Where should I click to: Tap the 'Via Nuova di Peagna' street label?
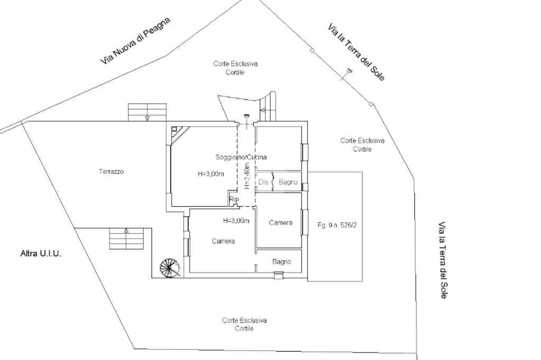[x=136, y=41]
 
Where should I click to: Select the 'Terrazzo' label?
[x=111, y=172]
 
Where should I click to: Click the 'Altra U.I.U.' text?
[x=41, y=254]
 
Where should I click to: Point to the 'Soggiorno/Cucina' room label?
[x=241, y=157]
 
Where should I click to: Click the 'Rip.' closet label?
[x=234, y=199]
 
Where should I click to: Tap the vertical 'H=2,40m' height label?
[x=247, y=176]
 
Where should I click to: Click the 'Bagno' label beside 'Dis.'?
[x=288, y=182]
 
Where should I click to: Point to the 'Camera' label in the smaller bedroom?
[x=281, y=223]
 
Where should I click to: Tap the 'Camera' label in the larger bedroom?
[x=223, y=241]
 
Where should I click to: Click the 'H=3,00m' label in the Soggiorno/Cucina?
[x=210, y=174]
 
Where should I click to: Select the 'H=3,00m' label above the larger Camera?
[x=236, y=221]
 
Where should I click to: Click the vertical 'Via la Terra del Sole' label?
[x=443, y=260]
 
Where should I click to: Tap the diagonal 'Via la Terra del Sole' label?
[x=356, y=52]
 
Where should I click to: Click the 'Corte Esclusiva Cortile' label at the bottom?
[x=244, y=325]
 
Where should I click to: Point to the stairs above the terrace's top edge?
[x=147, y=112]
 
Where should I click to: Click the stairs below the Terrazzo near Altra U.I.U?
[x=126, y=239]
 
